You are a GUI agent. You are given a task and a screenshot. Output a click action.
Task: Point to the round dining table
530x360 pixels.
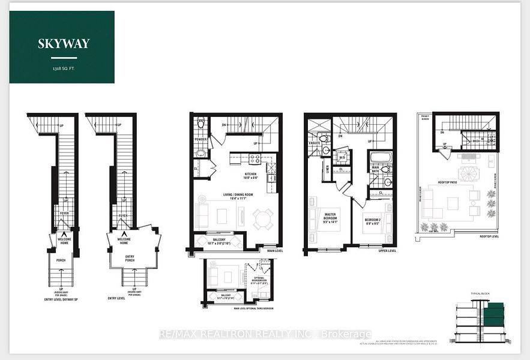[262, 218]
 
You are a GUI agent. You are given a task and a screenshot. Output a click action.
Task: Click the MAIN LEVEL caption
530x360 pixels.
[274, 251]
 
